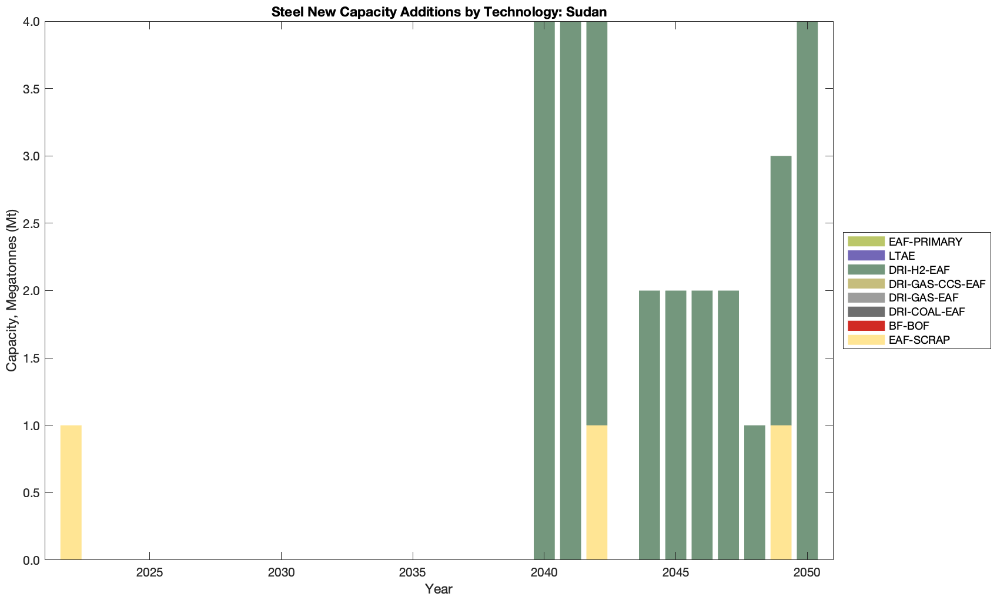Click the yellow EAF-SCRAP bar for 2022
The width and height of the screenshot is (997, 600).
71,492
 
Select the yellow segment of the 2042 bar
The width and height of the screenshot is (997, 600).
597,492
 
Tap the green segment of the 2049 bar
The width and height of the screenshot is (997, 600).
781,290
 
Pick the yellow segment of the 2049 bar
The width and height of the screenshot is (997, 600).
781,492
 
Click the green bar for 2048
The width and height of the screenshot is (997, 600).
754,492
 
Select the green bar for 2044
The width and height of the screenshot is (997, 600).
649,425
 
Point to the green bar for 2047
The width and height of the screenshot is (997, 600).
728,425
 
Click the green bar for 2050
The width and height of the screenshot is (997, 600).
807,290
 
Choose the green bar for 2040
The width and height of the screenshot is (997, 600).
544,290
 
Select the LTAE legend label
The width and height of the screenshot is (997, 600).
902,256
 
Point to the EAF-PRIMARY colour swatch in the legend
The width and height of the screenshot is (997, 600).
866,242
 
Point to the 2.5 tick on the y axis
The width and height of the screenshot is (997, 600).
30,224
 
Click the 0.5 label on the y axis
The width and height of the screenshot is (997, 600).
30,493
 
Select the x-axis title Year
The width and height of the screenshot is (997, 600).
439,589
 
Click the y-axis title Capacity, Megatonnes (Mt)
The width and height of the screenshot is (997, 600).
12,290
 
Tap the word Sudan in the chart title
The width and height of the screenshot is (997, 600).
587,12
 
